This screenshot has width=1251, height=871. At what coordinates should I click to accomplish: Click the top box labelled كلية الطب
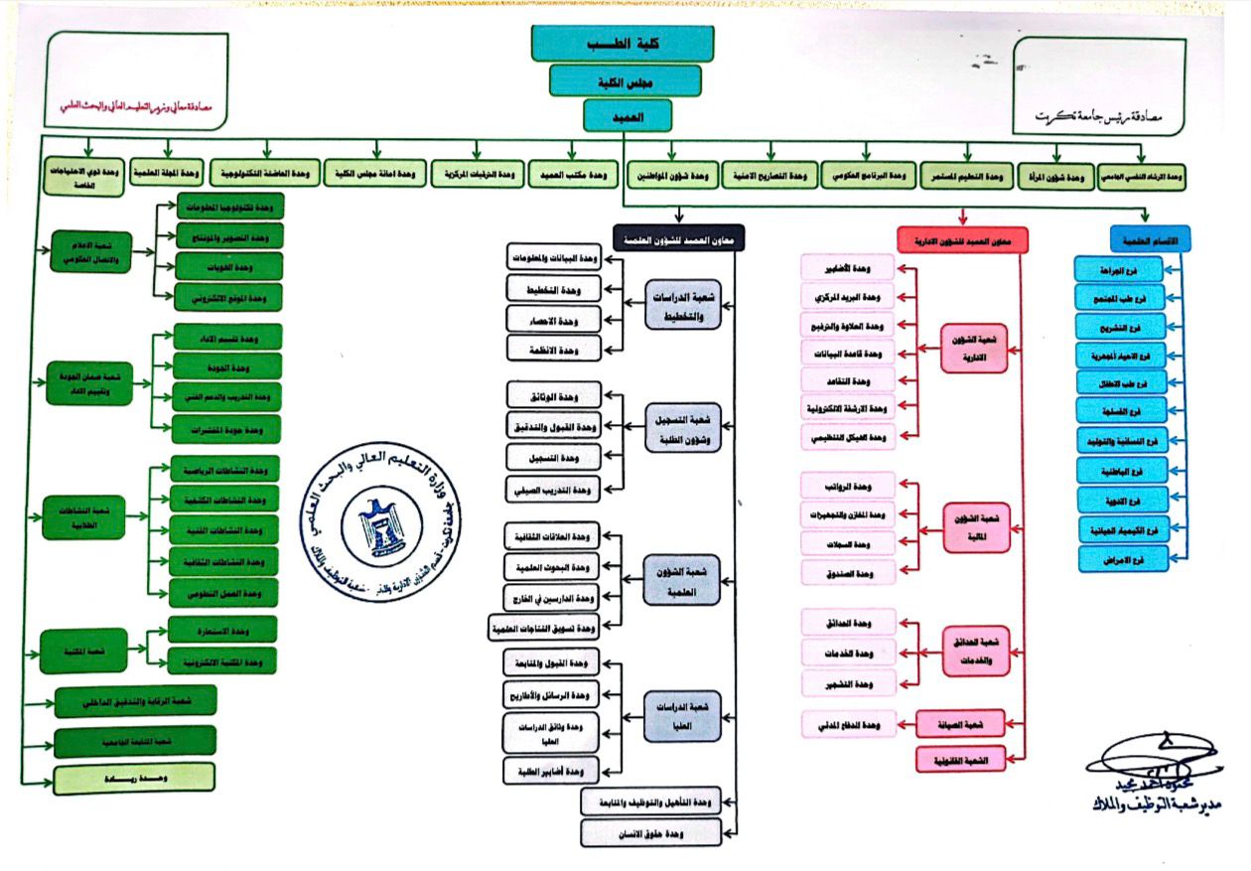coord(623,44)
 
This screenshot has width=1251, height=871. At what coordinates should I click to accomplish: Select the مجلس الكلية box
coord(626,80)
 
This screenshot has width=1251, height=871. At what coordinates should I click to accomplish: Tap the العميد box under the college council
coord(627,115)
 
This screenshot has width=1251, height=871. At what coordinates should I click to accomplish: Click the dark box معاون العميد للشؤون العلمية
coord(679,239)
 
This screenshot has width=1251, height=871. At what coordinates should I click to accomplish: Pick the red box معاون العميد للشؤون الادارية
coord(962,239)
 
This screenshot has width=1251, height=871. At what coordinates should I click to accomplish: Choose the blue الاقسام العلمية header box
coord(1149,238)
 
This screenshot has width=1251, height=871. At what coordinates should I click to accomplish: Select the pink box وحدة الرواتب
coord(849,486)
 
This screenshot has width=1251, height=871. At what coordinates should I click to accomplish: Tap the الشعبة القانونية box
coord(960,760)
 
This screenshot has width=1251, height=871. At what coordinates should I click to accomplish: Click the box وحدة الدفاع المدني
coord(849,724)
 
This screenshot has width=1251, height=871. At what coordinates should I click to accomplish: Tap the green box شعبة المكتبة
coord(84,652)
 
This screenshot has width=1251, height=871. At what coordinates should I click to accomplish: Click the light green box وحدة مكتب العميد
coord(570,176)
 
